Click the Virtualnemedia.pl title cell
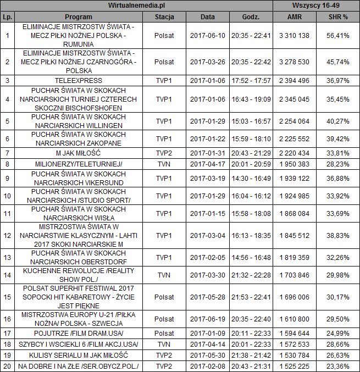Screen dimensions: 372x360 coord(137,5)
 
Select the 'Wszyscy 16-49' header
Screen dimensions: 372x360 coord(316,5)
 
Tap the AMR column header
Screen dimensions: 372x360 coord(294,16)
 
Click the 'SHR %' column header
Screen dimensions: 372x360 coord(338,16)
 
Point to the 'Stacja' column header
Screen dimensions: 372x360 coord(164,16)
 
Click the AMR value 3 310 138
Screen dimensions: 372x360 coord(294,36)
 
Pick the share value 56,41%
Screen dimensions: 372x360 coord(338,36)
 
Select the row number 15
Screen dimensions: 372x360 coord(7,297)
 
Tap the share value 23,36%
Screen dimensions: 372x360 coord(338,365)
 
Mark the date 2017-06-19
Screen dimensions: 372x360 coord(208,319)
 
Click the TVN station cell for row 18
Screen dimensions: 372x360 coord(164,343)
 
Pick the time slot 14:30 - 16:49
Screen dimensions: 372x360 coord(251,179)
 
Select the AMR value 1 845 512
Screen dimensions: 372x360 coord(294,235)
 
